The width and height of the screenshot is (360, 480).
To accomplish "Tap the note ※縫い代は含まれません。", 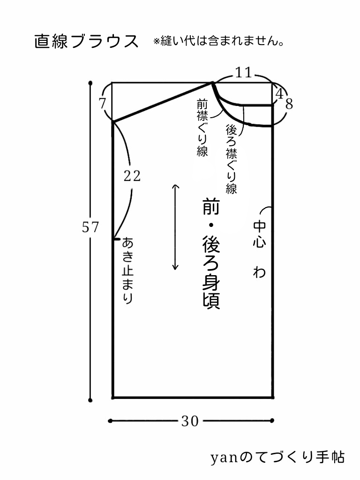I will point(219,42).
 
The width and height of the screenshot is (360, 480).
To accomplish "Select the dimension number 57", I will point(90,227).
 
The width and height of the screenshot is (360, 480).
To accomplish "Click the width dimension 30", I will point(190,421).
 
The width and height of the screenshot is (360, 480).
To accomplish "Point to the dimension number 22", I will point(132,176).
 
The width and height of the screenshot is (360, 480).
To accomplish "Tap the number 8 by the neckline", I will point(289,104).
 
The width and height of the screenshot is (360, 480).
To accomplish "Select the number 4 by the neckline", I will point(279,94).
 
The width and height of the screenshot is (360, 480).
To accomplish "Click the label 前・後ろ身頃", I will point(211,253).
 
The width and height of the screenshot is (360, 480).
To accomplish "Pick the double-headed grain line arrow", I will point(175,227).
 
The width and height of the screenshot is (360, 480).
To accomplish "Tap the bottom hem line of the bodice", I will point(193,397).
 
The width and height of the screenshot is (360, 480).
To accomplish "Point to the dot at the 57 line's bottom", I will point(90,400).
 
